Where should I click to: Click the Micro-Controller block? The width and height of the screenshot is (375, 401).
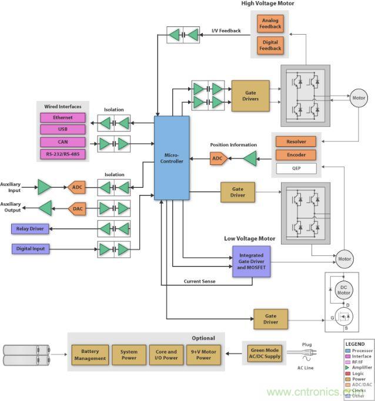[172, 157]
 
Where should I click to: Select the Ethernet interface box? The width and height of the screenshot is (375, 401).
[63, 117]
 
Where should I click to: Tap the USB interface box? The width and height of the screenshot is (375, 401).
[63, 129]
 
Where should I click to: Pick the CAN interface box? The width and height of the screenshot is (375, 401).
[63, 142]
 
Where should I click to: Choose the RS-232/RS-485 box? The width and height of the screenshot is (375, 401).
[63, 154]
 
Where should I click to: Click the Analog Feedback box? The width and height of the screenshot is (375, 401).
[270, 23]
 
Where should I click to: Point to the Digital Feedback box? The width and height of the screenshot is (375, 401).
[270, 44]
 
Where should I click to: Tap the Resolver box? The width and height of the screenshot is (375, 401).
[296, 141]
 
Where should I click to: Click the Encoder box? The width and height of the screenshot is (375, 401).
[296, 155]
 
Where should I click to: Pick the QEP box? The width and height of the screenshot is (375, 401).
[296, 169]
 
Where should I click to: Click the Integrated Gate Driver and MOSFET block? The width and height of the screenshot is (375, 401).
[251, 261]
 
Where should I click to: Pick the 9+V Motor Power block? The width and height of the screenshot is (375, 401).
[203, 355]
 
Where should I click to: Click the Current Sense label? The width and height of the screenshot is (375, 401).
[200, 282]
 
